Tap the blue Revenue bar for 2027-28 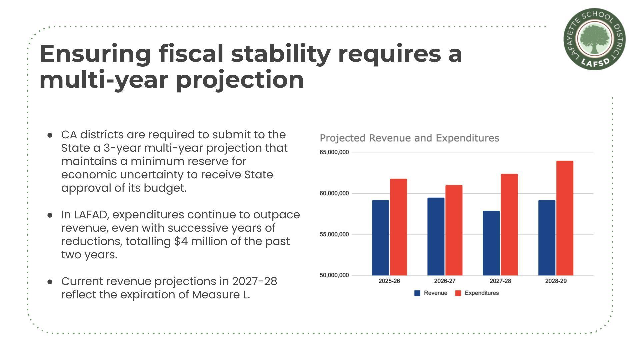[491, 243]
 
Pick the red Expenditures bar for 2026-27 [454, 230]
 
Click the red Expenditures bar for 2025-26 [398, 227]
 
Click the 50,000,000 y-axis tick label [334, 275]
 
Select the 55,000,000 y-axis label [334, 234]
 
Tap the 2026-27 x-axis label [445, 281]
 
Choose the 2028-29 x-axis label [556, 281]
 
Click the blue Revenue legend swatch [417, 293]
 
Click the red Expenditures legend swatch [458, 293]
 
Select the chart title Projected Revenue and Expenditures [409, 138]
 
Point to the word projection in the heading [240, 80]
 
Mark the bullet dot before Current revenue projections [50, 282]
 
